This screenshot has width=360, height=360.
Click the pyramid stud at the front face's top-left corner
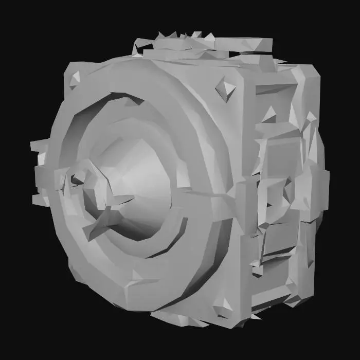point(75,79)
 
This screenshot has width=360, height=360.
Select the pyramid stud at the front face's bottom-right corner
point(224,308)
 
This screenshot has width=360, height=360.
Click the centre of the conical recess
point(136,180)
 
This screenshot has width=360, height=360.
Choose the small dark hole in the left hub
point(77,179)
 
